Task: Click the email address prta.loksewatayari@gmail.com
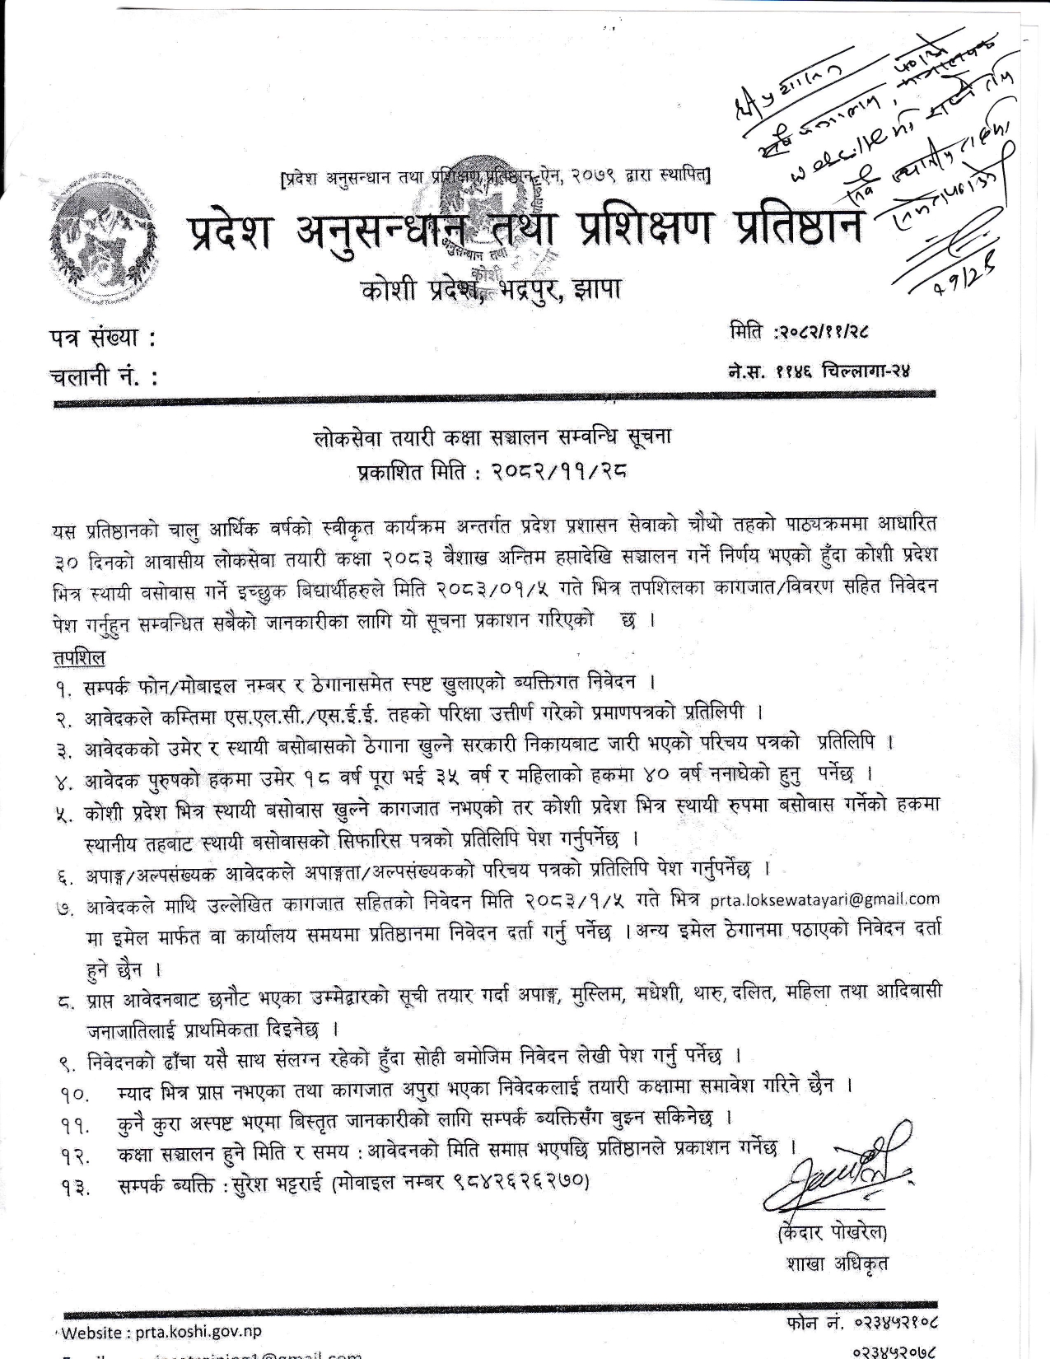(x=824, y=899)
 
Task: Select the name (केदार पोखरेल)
(x=832, y=1232)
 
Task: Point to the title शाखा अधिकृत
(x=837, y=1263)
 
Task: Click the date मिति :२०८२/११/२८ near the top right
(x=799, y=332)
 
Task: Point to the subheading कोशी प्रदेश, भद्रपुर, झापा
(x=491, y=290)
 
